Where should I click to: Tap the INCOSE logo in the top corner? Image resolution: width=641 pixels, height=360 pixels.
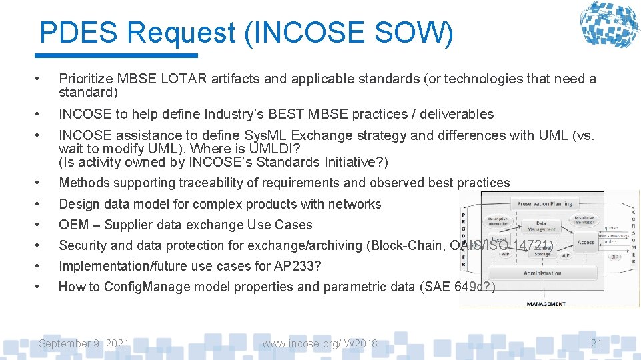[x=609, y=26]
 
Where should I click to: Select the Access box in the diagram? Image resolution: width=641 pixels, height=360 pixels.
[x=586, y=242]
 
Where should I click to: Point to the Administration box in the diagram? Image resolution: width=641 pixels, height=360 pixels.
[x=542, y=273]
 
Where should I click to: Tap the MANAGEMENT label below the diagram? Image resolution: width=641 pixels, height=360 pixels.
[x=546, y=304]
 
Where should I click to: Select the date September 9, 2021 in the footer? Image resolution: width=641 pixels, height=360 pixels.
[x=84, y=343]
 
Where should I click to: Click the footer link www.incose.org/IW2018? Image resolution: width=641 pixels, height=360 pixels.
[x=319, y=343]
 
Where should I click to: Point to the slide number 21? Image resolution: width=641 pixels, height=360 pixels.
[x=596, y=343]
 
